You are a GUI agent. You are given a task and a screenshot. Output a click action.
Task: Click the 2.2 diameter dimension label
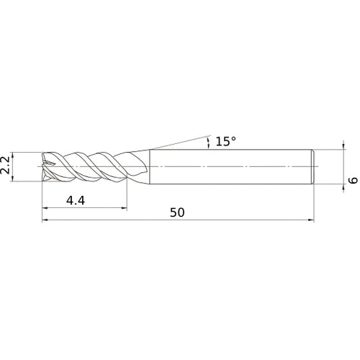click(x=6, y=166)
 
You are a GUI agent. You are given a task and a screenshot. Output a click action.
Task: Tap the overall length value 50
click(x=177, y=212)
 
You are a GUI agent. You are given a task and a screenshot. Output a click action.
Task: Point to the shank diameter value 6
click(x=352, y=166)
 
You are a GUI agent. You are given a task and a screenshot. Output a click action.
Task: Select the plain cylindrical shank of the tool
click(x=230, y=166)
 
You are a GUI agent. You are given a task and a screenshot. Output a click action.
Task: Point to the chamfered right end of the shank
click(x=312, y=166)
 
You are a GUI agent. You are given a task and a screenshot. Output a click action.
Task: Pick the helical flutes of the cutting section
click(x=86, y=166)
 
